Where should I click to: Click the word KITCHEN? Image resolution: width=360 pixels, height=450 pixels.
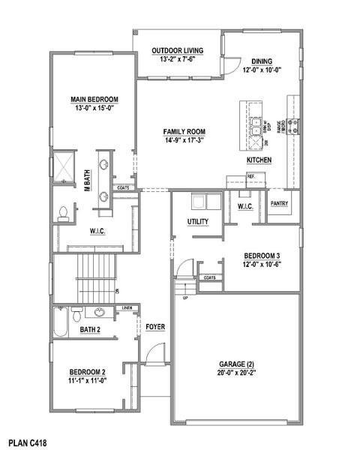259,160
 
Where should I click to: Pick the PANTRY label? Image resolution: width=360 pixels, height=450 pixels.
280,202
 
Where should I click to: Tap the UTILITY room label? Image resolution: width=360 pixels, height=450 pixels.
198,221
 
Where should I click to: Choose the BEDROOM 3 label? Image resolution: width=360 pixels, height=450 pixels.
261,255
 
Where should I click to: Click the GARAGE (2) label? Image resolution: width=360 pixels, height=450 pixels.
235,362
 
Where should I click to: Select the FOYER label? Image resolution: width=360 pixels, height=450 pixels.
155,327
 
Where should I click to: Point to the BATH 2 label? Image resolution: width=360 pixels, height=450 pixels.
91,329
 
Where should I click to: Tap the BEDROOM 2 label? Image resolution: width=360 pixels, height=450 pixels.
88,372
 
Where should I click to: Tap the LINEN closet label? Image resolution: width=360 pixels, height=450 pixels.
127,308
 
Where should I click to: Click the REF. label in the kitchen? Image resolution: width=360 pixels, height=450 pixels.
251,177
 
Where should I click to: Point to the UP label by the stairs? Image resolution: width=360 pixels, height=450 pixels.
185,298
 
